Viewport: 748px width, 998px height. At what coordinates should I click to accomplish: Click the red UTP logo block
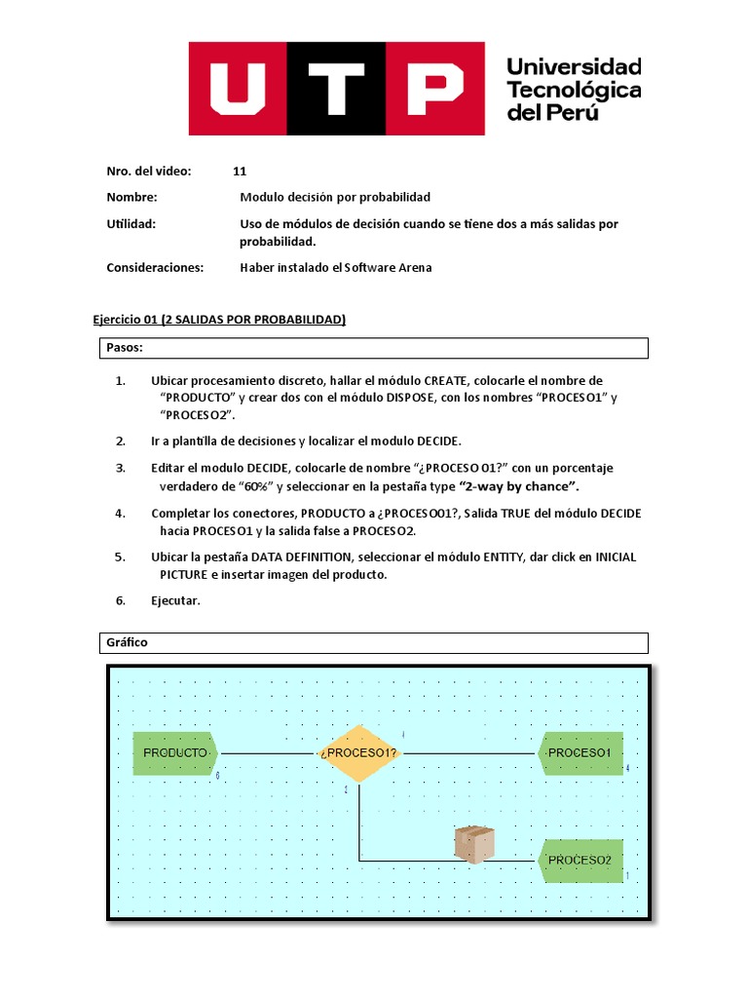336,89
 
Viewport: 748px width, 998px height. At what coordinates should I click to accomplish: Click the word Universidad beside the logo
574,67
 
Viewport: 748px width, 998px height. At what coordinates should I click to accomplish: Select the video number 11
240,172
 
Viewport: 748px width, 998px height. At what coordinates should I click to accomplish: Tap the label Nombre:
131,197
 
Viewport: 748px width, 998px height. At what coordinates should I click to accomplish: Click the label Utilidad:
131,224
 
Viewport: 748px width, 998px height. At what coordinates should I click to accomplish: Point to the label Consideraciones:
155,267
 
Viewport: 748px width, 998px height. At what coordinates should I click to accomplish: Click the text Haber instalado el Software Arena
335,267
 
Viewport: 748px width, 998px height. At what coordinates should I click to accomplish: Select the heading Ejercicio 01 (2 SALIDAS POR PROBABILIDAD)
219,320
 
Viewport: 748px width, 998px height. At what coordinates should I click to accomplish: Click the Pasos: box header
375,348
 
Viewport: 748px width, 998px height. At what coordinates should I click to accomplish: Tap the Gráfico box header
375,643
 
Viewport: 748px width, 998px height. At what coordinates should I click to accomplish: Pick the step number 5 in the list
120,557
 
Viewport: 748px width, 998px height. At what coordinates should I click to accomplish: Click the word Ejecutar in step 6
175,600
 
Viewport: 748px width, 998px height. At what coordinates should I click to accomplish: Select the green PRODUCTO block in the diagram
175,753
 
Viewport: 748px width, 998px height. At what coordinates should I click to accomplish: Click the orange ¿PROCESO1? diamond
359,753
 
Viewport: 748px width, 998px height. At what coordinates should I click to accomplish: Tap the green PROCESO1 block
580,753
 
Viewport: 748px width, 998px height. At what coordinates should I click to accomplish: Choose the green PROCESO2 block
580,861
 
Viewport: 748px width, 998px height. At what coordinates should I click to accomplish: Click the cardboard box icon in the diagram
474,843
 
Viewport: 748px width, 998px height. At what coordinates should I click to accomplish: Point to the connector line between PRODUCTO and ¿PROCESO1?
268,753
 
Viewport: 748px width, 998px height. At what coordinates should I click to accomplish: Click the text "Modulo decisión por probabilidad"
335,197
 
